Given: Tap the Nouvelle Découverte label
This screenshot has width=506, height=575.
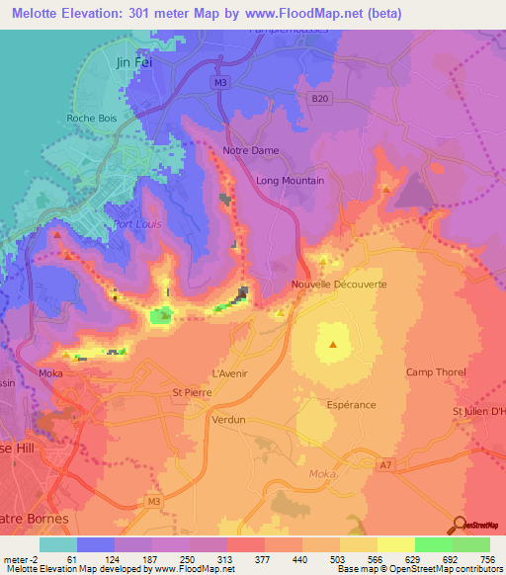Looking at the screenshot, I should tap(339, 285).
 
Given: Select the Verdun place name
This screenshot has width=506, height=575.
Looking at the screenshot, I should tap(228, 419).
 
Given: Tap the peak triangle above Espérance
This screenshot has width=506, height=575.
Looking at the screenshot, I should tap(333, 345).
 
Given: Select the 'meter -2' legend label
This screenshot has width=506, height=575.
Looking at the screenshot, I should tap(20, 558).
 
